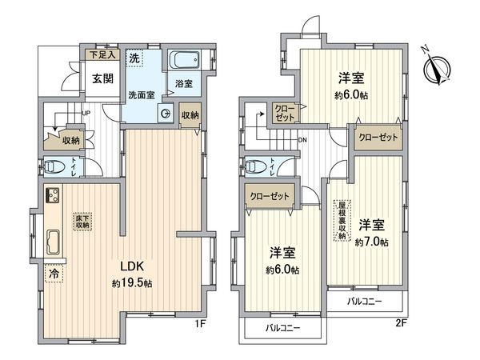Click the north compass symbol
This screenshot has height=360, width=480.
(437, 64)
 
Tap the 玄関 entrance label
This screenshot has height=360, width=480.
(101, 78)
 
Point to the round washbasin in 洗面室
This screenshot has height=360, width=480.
(166, 114)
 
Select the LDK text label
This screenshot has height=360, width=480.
(133, 266)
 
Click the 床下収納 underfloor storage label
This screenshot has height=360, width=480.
(82, 222)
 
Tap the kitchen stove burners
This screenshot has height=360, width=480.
(54, 196)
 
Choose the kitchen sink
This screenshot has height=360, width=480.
(54, 241)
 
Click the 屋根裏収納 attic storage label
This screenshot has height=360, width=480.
(342, 219)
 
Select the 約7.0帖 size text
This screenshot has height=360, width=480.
(373, 240)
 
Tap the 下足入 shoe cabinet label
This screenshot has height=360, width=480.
(103, 56)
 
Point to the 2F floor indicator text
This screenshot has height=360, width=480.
(400, 325)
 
